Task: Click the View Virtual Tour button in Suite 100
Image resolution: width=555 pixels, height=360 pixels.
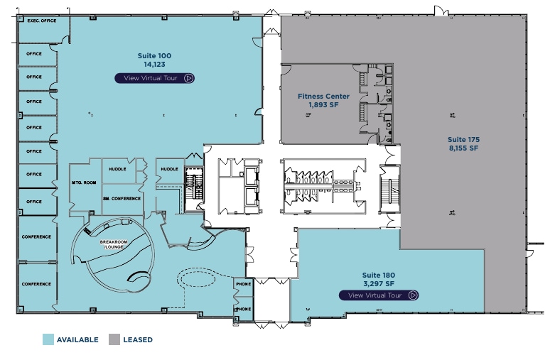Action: (x=155, y=78)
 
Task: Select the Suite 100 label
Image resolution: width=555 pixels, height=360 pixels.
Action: (x=154, y=55)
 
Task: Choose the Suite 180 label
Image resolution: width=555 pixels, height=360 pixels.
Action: (x=378, y=275)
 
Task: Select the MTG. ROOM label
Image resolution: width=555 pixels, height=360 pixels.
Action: (x=83, y=183)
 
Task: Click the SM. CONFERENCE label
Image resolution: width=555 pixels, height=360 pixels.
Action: (x=122, y=198)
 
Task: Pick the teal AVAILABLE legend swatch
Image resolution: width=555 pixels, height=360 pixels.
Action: (x=48, y=339)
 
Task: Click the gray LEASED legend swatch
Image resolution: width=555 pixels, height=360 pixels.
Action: (x=114, y=339)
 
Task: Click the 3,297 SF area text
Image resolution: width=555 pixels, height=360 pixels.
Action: (x=378, y=283)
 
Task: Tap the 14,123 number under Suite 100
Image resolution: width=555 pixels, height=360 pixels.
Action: (x=154, y=64)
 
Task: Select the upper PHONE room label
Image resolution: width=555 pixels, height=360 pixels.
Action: (x=243, y=285)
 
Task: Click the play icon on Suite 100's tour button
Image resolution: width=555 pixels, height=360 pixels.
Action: (x=188, y=78)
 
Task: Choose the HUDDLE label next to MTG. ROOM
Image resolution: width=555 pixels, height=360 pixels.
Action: (x=117, y=169)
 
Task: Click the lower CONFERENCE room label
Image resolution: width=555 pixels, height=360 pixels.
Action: (x=36, y=284)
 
